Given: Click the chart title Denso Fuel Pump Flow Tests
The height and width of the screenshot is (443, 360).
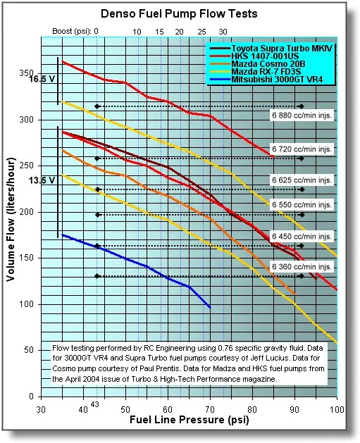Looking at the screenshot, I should tap(179, 13).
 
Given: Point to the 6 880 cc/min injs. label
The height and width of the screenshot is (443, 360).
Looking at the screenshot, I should tap(301, 114).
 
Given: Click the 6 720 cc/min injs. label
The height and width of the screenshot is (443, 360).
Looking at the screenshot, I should tap(301, 149).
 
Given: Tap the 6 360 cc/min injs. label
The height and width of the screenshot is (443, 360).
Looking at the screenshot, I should tap(301, 268).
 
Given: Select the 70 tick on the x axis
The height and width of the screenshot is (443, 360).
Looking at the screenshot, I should tap(210, 409).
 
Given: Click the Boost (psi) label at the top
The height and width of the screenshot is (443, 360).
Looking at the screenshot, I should tap(73, 32).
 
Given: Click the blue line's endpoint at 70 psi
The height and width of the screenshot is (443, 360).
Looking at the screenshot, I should tap(210, 307).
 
